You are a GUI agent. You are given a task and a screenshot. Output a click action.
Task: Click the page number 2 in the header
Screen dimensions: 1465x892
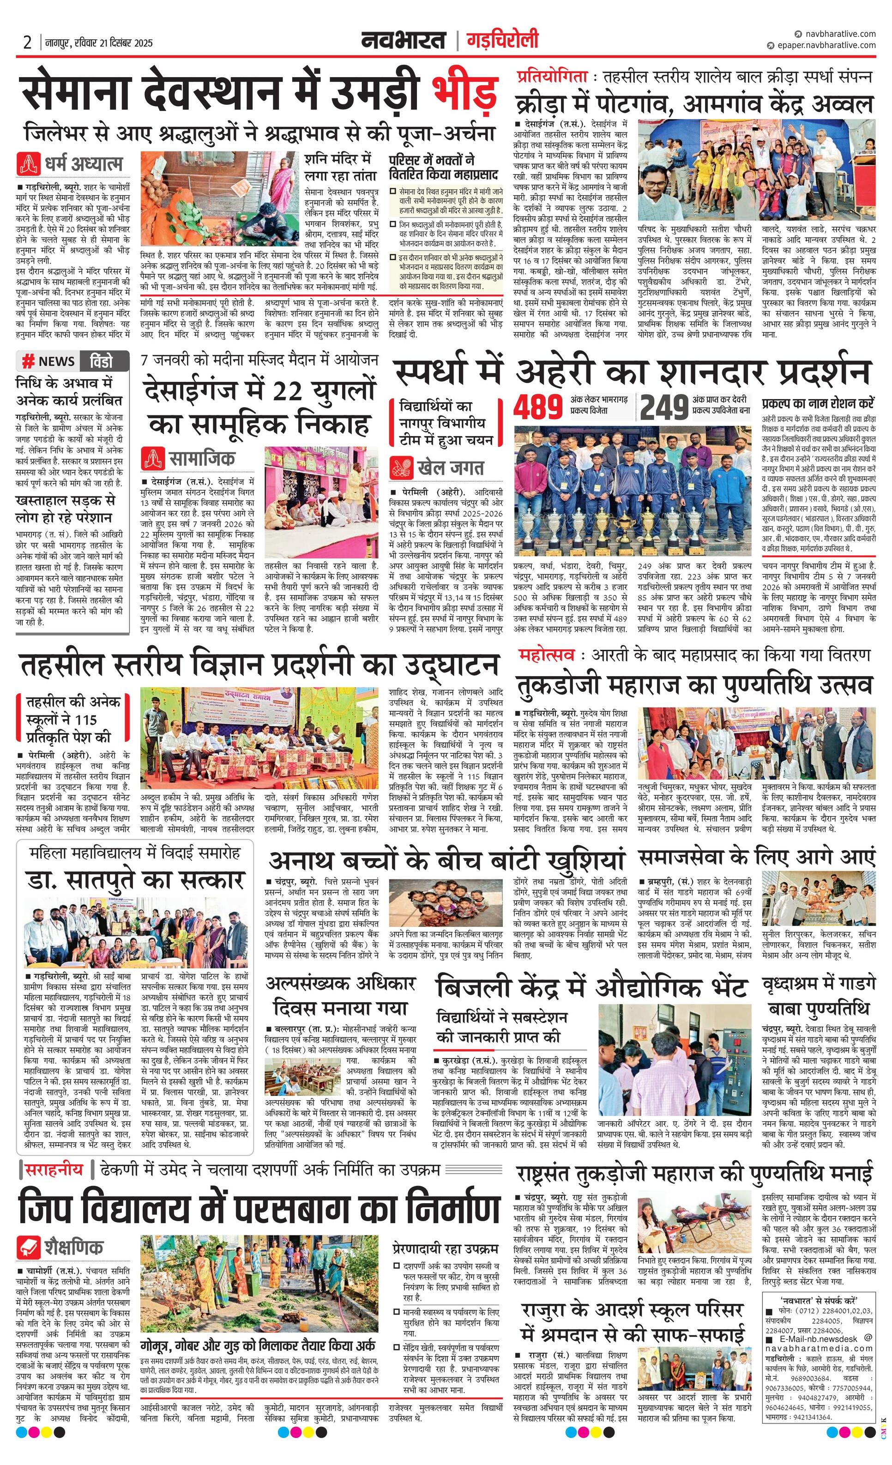tap(27, 43)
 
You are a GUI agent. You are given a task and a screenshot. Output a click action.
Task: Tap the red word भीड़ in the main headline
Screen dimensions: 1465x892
tap(464, 91)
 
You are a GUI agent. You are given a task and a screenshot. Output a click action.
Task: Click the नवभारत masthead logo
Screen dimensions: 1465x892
tap(404, 41)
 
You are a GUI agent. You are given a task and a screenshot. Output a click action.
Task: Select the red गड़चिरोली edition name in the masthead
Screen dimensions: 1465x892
tap(503, 41)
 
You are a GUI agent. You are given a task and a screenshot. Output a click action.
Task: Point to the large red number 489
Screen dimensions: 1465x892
tap(538, 408)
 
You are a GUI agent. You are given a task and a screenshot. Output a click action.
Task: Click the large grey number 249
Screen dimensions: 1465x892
tap(664, 408)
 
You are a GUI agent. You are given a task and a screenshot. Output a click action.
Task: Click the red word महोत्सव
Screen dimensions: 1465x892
tap(546, 655)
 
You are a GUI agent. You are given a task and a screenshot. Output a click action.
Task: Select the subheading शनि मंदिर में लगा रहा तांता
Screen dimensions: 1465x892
tap(338, 168)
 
